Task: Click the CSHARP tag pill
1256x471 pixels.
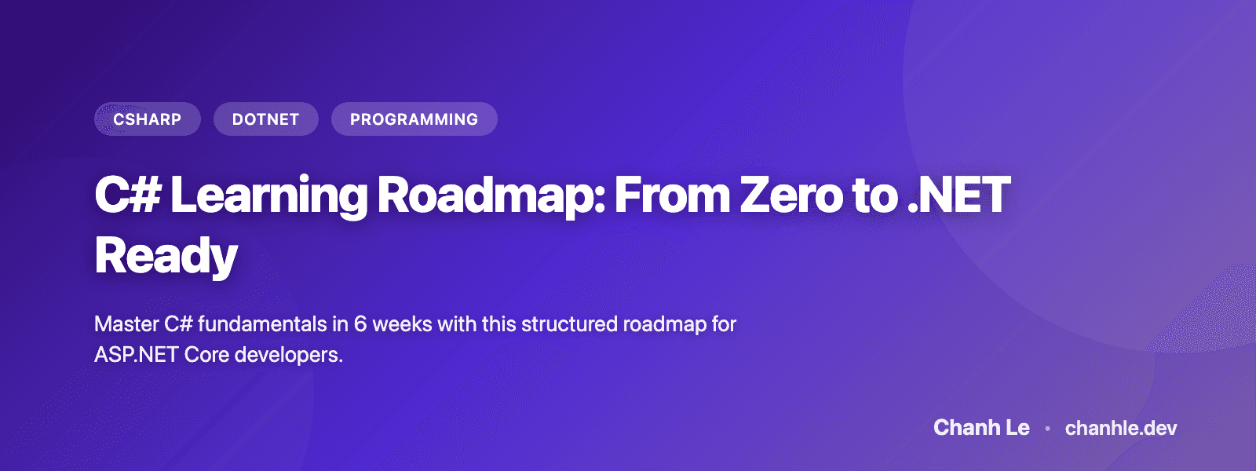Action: tap(148, 119)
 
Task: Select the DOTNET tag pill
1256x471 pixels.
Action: tap(265, 119)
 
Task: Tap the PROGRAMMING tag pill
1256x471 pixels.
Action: tap(414, 119)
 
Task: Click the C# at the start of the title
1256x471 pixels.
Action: tap(127, 195)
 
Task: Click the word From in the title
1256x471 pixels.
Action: tap(672, 195)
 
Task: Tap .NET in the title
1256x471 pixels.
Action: tap(958, 195)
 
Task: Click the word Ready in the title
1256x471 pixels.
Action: tap(166, 257)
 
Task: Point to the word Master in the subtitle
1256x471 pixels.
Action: tap(126, 324)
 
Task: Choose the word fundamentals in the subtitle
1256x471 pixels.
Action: tap(262, 324)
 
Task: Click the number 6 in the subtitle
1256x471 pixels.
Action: tap(360, 324)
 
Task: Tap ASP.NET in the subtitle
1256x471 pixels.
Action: tap(136, 355)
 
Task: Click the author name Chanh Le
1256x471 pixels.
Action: tap(981, 428)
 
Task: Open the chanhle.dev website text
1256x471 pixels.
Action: tap(1121, 428)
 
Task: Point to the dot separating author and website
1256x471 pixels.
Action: tap(1047, 429)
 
